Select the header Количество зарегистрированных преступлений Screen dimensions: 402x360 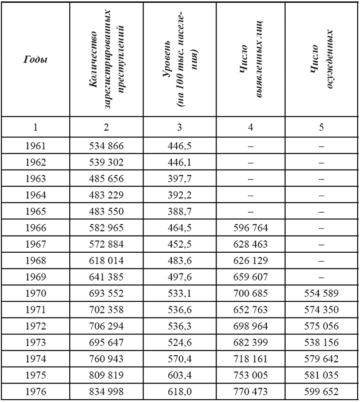click(x=106, y=60)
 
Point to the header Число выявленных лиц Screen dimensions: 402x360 click(x=251, y=60)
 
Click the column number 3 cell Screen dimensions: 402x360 click(x=179, y=127)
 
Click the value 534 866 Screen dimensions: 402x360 click(x=106, y=146)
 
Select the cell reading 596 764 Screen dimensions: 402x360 click(x=251, y=228)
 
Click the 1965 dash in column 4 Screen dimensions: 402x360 click(x=251, y=211)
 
